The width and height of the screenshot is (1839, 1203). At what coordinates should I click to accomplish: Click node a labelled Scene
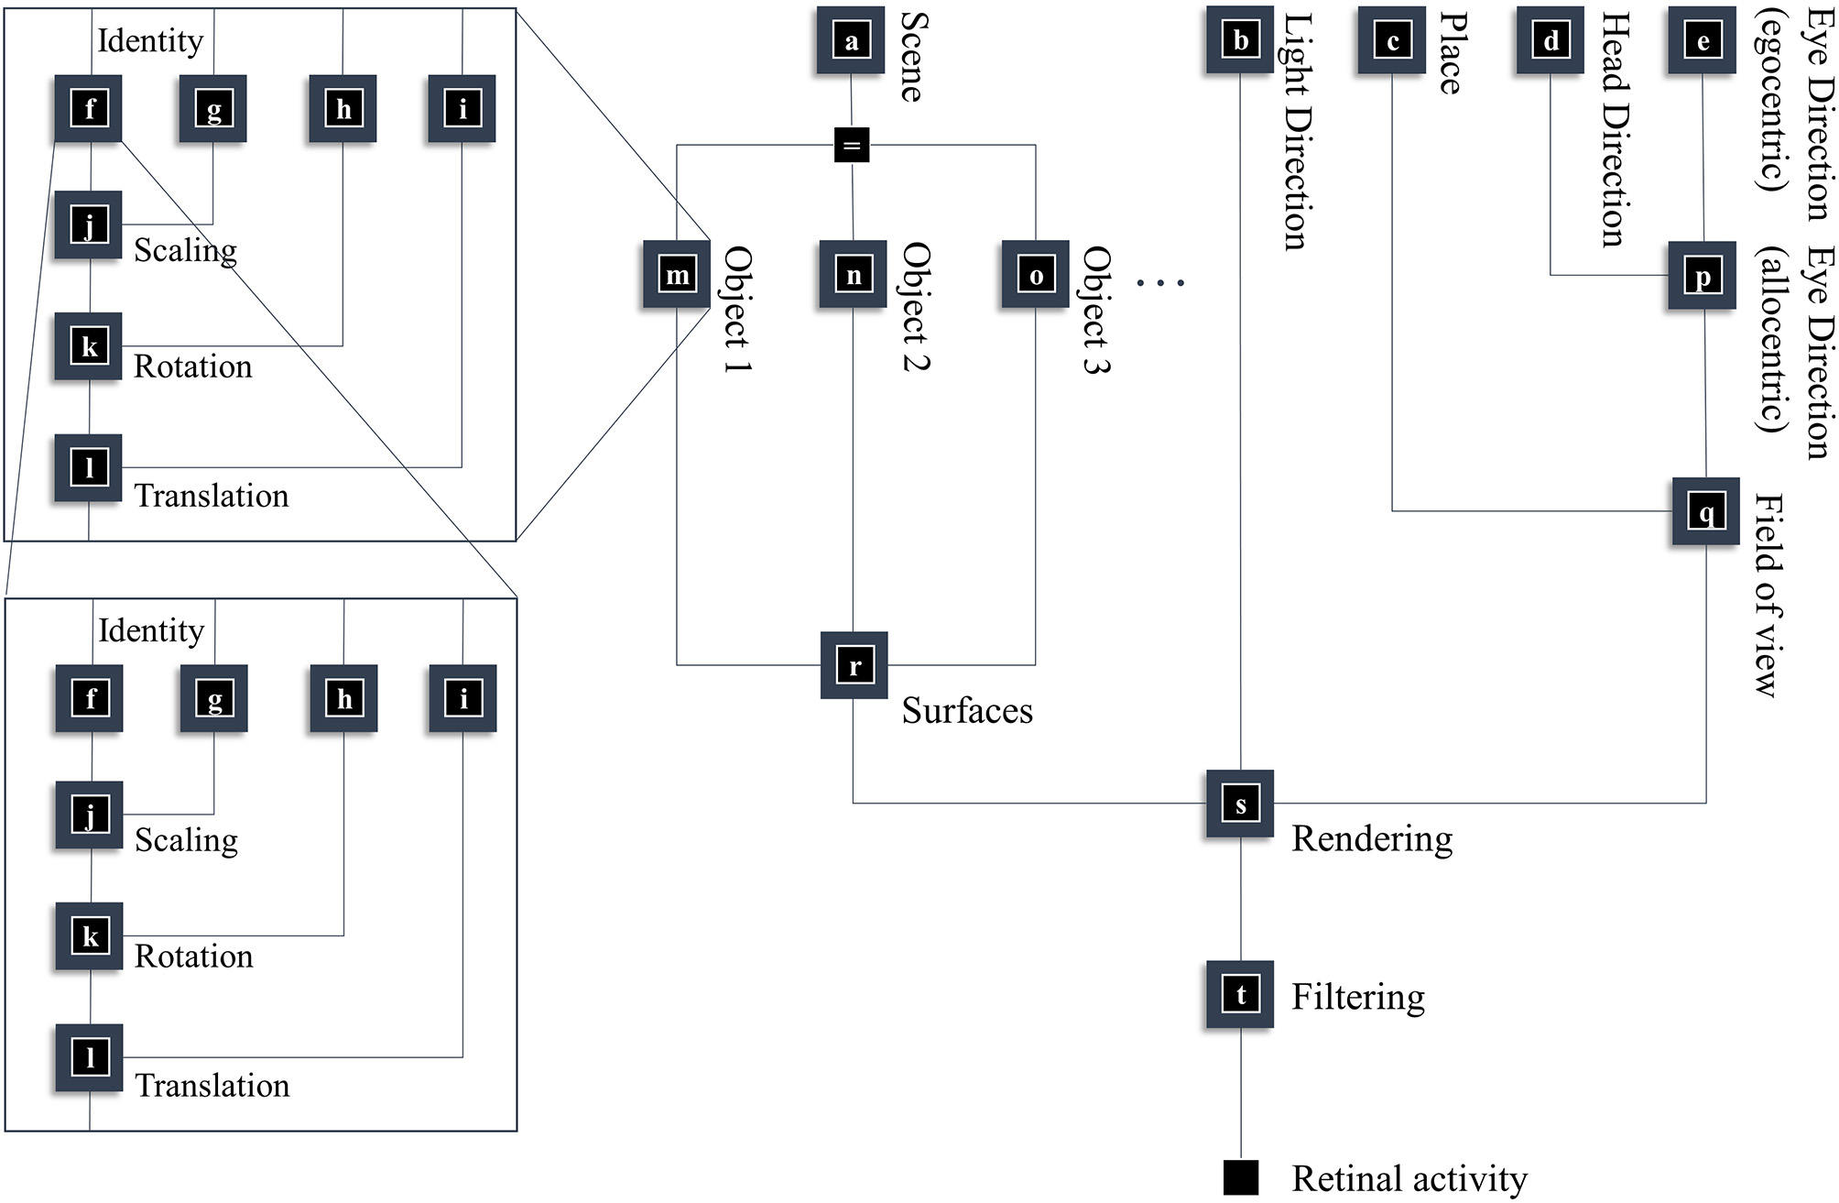[851, 40]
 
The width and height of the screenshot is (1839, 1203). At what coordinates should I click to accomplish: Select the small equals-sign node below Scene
[852, 145]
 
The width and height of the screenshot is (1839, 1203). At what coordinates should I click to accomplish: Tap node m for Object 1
[677, 275]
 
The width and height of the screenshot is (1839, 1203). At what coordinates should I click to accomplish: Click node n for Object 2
[854, 275]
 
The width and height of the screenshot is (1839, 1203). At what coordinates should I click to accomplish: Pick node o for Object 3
[1036, 275]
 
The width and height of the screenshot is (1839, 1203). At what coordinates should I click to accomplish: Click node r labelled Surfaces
[854, 666]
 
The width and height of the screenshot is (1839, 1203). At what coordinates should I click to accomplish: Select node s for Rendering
[1240, 804]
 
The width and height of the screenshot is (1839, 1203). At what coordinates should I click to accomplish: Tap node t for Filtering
[1240, 994]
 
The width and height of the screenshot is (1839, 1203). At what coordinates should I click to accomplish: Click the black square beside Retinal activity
[1241, 1177]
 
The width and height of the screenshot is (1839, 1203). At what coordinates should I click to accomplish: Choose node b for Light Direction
[1240, 40]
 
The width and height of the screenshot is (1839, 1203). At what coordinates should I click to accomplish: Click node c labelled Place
[1392, 40]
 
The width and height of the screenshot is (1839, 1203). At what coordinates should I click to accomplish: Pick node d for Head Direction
[1551, 40]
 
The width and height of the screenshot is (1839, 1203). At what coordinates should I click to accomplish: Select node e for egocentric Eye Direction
[1703, 40]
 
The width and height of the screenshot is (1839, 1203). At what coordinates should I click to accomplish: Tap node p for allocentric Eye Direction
[1703, 276]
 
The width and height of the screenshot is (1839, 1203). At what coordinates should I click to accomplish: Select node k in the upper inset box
[89, 346]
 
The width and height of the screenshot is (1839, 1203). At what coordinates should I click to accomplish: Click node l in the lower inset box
[90, 1058]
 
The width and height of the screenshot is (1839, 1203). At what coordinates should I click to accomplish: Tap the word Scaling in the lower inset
[186, 840]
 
